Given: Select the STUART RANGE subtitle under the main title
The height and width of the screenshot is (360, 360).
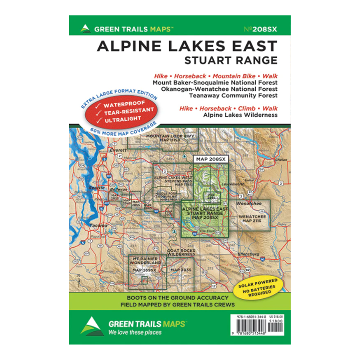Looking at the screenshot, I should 230,61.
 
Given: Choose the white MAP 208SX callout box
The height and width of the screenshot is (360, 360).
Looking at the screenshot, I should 210,159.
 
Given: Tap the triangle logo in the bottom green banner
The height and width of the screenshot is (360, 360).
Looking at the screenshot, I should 93,326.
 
